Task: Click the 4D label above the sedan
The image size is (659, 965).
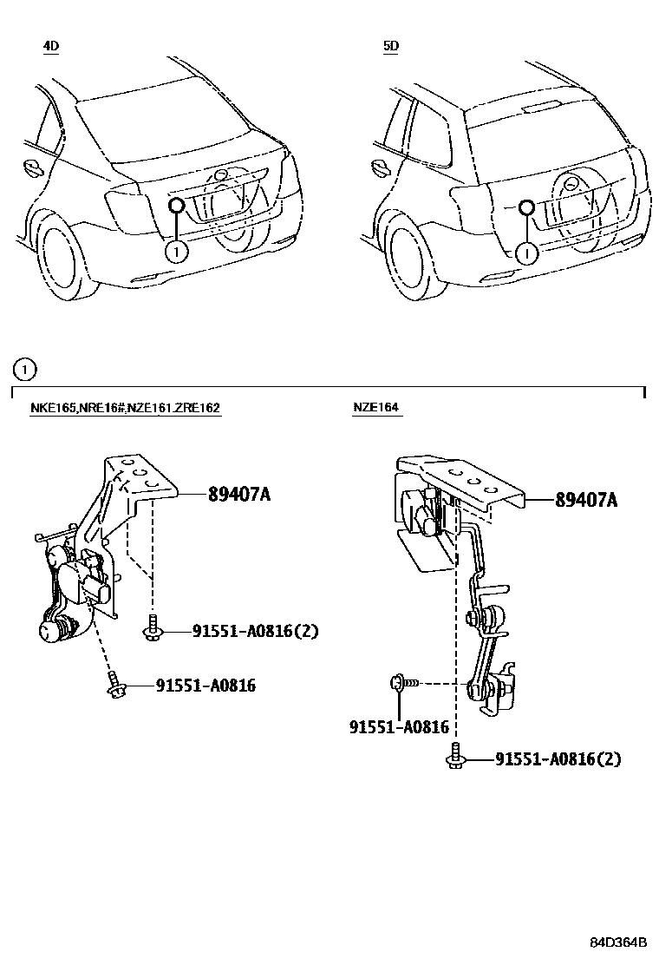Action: pos(51,46)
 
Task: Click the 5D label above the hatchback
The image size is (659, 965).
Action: pos(391,46)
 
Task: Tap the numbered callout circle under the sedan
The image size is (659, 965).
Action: pos(175,252)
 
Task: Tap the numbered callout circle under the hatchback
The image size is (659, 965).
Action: pos(525,253)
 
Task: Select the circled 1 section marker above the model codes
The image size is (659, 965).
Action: pos(24,371)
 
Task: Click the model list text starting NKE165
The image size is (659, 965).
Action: pos(125,408)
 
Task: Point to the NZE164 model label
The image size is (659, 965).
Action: pos(376,408)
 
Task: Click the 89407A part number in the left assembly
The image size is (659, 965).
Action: pos(239,495)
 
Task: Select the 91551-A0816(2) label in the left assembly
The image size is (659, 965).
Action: pos(244,631)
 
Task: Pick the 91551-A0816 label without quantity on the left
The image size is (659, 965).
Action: pos(206,686)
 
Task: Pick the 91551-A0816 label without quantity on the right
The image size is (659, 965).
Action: pos(399,727)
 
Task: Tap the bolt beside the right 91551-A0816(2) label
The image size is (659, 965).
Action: pos(455,757)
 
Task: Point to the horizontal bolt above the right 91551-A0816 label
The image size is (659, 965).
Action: pos(402,684)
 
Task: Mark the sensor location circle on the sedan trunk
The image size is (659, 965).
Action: pos(176,205)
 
